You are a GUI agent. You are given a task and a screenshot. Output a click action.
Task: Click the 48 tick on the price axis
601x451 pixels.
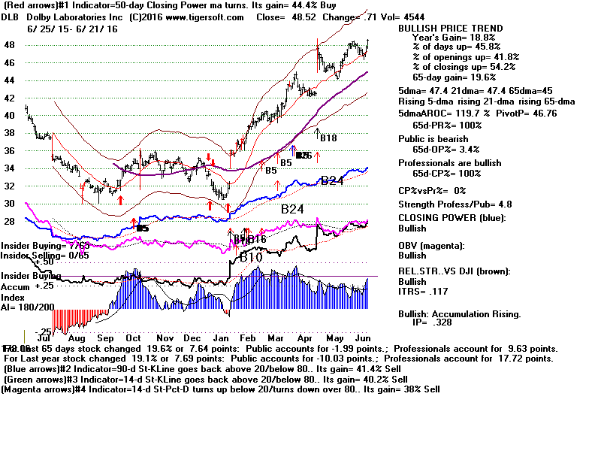10,44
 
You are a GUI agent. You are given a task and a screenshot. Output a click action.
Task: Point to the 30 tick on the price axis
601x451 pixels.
10,203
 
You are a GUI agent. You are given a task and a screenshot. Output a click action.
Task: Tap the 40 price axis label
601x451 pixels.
10,115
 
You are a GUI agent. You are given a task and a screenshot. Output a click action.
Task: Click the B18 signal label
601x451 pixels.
328,138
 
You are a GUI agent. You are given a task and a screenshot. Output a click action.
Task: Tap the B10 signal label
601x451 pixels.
250,258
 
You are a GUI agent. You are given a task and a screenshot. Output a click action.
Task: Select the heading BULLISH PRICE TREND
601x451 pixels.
450,29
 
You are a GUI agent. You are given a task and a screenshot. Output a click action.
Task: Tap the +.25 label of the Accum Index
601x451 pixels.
44,286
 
